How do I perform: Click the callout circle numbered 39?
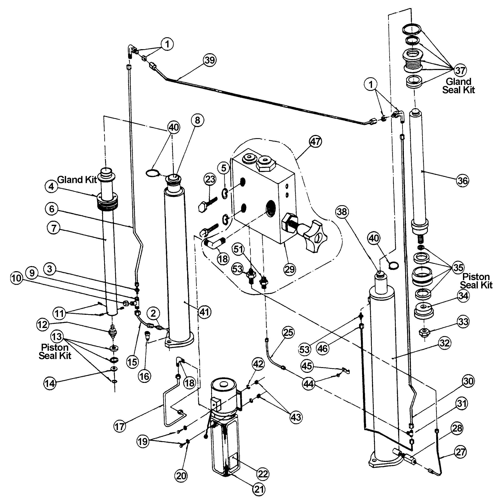pos(209,60)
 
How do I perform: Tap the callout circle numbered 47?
pos(315,142)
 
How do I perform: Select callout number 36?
pos(462,180)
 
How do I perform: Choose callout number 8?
pos(197,120)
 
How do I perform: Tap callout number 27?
pos(460,452)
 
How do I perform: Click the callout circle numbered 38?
pos(342,212)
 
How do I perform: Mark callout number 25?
pos(288,332)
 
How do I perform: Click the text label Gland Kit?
pos(77,180)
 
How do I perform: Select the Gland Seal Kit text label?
pos(459,86)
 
